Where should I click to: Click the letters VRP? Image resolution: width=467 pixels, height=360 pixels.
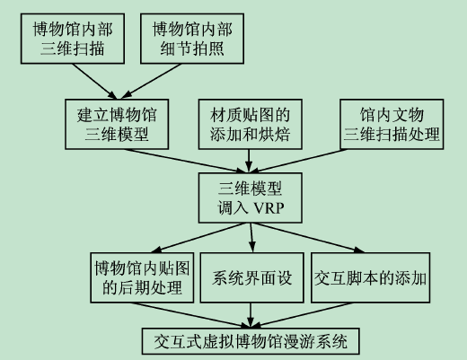pos(269,207)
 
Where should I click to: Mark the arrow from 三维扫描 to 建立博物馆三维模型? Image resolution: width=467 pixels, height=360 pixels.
pos(94,81)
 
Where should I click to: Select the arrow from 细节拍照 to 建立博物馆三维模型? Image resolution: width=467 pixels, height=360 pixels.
pos(151,81)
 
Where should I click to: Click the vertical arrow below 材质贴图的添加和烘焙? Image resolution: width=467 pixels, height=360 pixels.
pos(249,161)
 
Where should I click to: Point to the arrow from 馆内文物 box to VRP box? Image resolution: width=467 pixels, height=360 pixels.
pos(298,161)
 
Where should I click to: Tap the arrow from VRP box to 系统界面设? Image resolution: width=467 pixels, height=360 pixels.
pos(251,238)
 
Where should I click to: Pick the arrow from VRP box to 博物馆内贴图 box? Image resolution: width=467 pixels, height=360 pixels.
pos(198,238)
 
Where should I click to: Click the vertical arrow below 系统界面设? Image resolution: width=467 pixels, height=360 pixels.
pos(251,315)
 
